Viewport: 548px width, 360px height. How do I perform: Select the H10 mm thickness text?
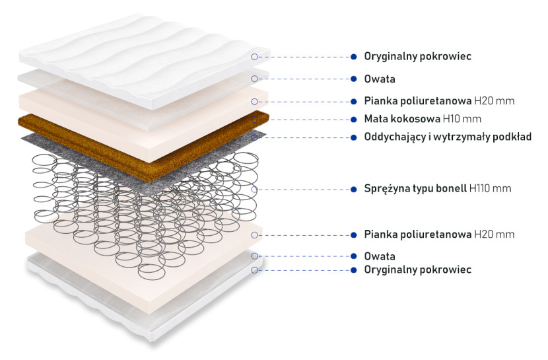pyautogui.click(x=462, y=119)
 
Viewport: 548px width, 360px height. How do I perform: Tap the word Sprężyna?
pyautogui.click(x=387, y=189)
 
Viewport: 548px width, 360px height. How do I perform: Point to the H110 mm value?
pyautogui.click(x=491, y=189)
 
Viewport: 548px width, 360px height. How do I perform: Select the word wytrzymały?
pyautogui.click(x=462, y=137)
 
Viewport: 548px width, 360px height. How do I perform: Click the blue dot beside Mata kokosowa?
pyautogui.click(x=354, y=120)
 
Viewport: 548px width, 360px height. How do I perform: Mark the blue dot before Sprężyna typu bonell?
pyautogui.click(x=354, y=190)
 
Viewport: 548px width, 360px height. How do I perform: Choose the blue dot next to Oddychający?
pyautogui.click(x=354, y=137)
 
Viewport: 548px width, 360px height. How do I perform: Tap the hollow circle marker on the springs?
pyautogui.click(x=254, y=190)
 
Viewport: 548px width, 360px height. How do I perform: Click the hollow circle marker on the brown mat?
pyautogui.click(x=254, y=120)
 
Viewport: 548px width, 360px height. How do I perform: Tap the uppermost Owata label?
pyautogui.click(x=380, y=79)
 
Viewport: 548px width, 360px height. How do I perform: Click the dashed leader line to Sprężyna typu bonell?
pyautogui.click(x=304, y=190)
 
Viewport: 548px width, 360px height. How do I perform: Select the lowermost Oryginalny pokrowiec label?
pyautogui.click(x=418, y=270)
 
